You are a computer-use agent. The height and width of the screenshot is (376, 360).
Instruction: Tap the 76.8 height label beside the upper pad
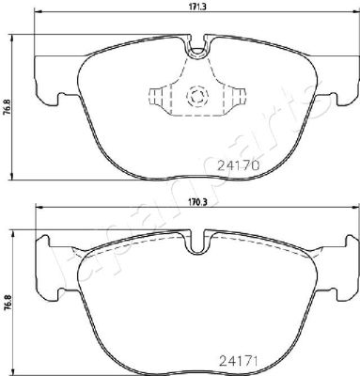8,106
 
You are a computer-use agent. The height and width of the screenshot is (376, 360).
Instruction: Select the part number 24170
239,165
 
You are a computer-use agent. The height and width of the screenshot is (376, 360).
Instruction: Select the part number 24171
238,362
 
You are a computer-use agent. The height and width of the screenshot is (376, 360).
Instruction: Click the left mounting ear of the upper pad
47,81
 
